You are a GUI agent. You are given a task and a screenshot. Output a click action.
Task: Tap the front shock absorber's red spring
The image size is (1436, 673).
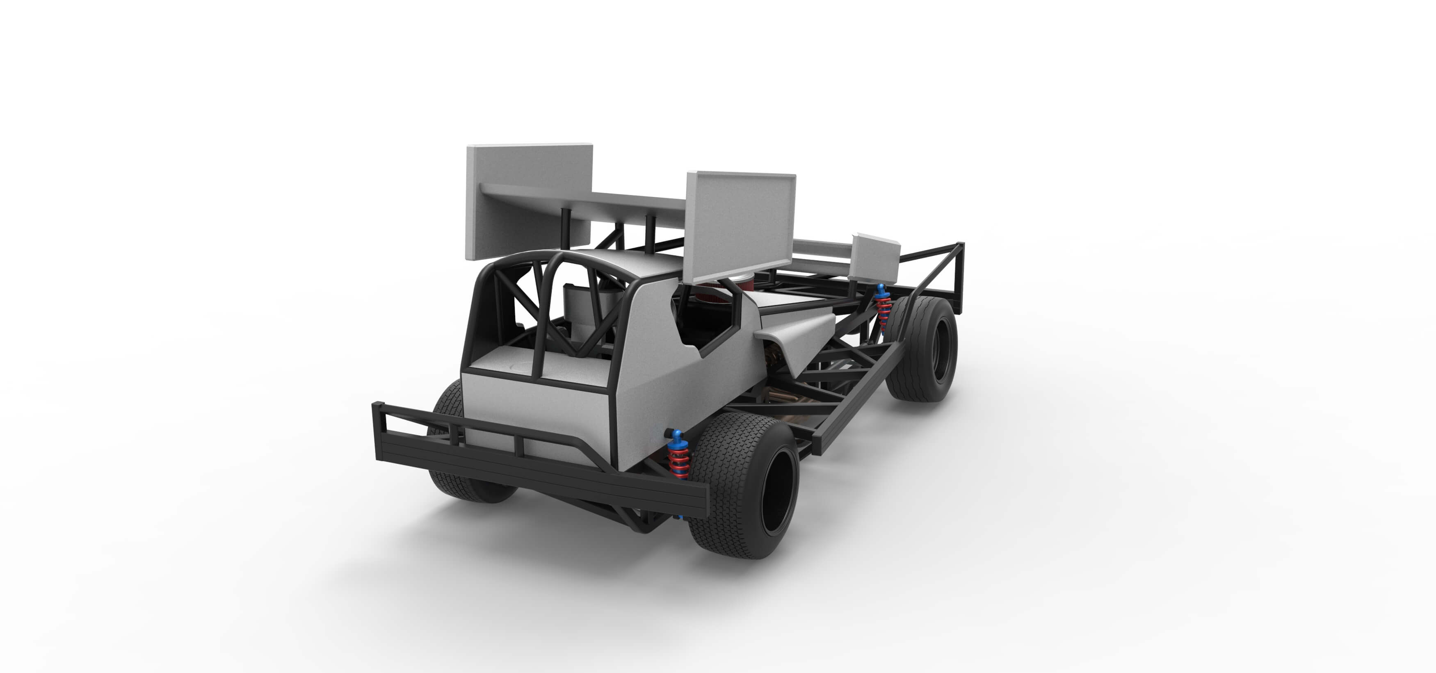click(883, 308)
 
